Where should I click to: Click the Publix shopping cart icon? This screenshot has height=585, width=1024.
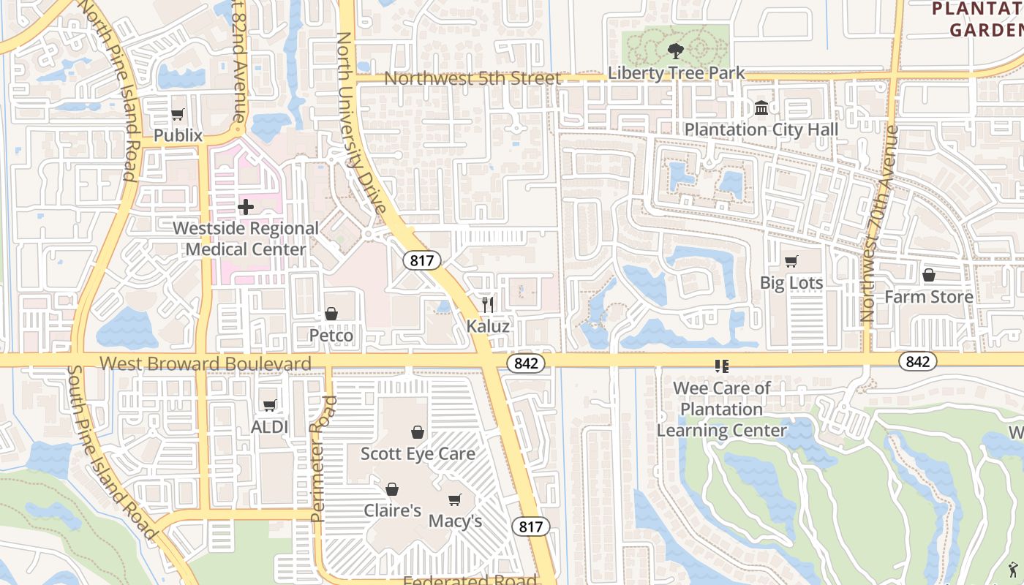pos(178,114)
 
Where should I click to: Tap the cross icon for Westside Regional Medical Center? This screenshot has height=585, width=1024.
pos(246,207)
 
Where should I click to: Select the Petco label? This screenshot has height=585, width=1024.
pos(331,336)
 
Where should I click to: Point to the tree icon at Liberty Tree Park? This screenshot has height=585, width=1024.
pos(675,50)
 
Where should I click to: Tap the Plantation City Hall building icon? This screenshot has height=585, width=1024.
pos(761,108)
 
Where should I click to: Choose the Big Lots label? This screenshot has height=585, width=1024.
pos(791,283)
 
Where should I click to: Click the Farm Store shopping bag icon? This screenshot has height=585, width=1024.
pos(929,275)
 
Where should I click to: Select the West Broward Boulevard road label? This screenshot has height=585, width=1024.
pos(205,363)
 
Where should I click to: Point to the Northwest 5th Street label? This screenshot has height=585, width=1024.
pos(473,78)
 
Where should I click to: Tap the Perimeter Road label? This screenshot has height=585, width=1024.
pos(323,458)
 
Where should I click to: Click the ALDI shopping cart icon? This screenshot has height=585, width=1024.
pos(269,405)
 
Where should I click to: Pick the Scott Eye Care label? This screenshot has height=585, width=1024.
pos(418,453)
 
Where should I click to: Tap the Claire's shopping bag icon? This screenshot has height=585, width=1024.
pos(392,488)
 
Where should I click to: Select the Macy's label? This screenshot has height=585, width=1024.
pos(455,521)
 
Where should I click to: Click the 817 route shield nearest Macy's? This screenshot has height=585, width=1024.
pos(531,526)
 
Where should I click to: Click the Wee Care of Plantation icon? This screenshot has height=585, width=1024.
pos(722,366)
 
